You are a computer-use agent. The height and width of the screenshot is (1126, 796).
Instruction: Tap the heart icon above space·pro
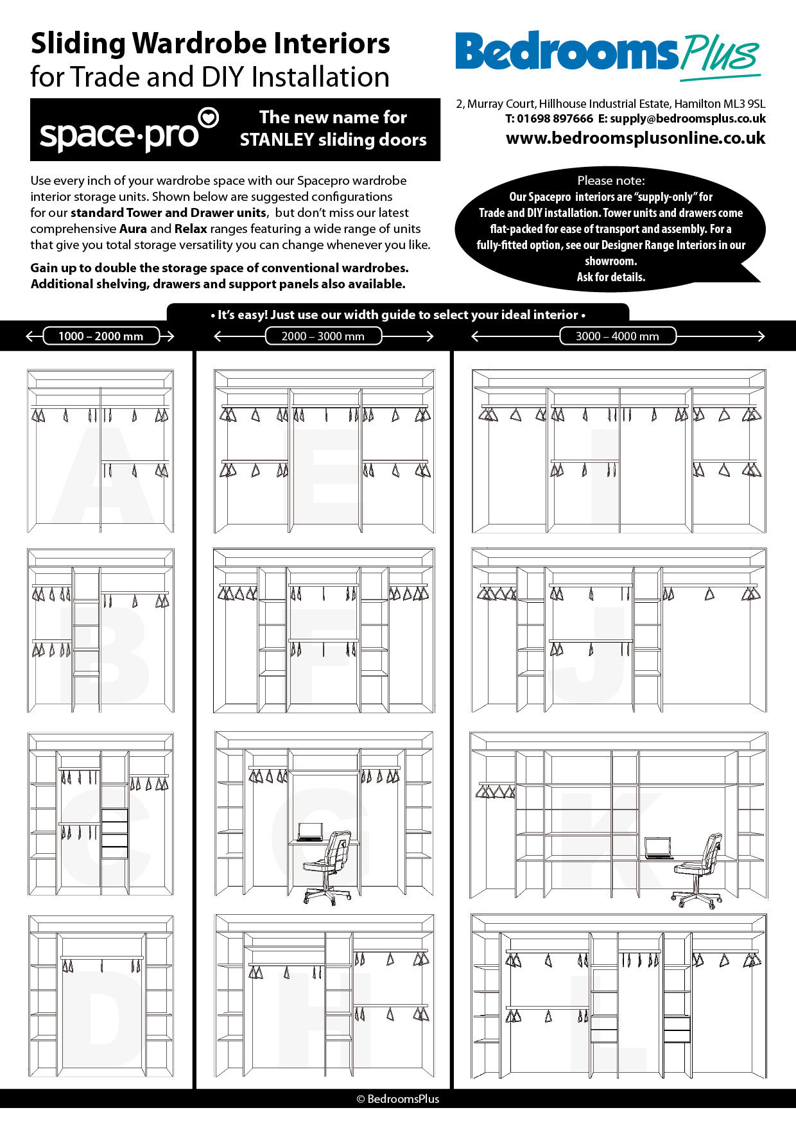pyautogui.click(x=209, y=117)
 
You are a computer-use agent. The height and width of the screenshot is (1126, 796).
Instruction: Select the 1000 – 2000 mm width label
pyautogui.click(x=101, y=336)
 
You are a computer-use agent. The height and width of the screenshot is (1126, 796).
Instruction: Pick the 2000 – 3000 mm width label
pyautogui.click(x=323, y=336)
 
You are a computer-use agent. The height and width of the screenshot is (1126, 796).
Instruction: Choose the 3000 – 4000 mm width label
pyautogui.click(x=617, y=336)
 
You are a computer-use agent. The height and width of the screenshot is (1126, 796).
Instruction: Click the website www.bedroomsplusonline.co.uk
pyautogui.click(x=636, y=138)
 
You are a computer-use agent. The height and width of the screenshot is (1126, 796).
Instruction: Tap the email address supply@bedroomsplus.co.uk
pyautogui.click(x=688, y=119)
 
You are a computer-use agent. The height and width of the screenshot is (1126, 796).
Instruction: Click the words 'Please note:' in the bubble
pyautogui.click(x=610, y=180)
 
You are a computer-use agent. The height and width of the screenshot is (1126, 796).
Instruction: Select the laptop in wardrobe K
pyautogui.click(x=658, y=849)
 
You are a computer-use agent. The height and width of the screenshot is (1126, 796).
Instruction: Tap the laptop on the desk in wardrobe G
pyautogui.click(x=310, y=832)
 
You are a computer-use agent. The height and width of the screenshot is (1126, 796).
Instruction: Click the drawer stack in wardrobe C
pyautogui.click(x=115, y=833)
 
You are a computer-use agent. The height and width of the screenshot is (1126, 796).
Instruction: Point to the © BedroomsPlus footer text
pyautogui.click(x=398, y=1099)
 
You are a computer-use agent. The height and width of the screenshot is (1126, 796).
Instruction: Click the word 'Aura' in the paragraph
pyautogui.click(x=133, y=229)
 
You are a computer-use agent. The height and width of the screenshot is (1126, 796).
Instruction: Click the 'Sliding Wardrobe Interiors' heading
pyautogui.click(x=211, y=44)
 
